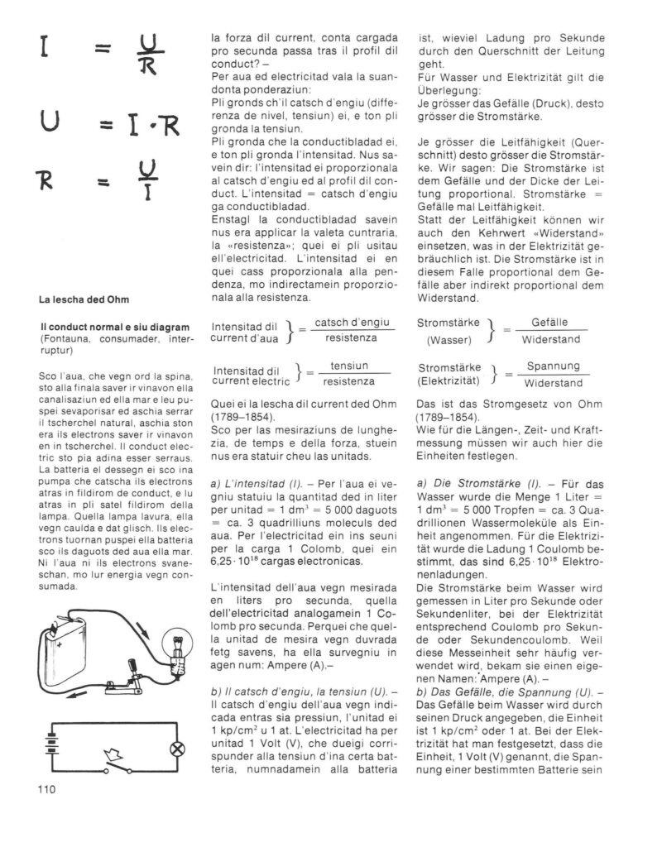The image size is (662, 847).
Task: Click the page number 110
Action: [47, 789]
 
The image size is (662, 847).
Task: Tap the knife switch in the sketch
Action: [123, 663]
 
